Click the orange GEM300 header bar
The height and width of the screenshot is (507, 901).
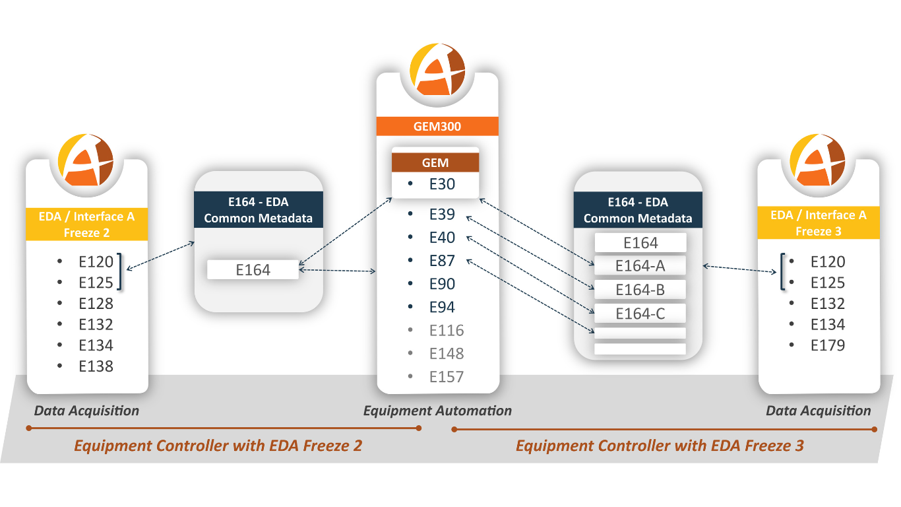pyautogui.click(x=437, y=126)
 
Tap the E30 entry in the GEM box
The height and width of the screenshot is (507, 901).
pyautogui.click(x=442, y=184)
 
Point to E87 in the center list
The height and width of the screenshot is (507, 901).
pyautogui.click(x=442, y=261)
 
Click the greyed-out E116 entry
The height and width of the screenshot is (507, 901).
pyautogui.click(x=446, y=330)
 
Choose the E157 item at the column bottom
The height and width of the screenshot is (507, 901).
pyautogui.click(x=446, y=377)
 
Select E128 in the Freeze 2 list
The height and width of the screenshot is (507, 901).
pyautogui.click(x=96, y=304)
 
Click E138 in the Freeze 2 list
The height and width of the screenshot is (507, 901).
pyautogui.click(x=96, y=366)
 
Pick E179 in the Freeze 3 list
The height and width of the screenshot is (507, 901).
pyautogui.click(x=827, y=345)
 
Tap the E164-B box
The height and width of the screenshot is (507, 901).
pyautogui.click(x=640, y=290)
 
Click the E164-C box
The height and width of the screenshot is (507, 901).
pyautogui.click(x=640, y=314)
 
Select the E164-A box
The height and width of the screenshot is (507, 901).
pyautogui.click(x=640, y=266)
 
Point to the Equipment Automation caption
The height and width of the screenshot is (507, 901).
pyautogui.click(x=437, y=411)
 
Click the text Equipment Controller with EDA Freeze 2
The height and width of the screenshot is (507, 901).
pyautogui.click(x=218, y=446)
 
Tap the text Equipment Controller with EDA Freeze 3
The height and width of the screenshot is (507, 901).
pyautogui.click(x=660, y=446)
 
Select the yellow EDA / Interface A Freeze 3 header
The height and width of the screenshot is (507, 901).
pyautogui.click(x=818, y=223)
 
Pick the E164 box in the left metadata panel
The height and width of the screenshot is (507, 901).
pyautogui.click(x=253, y=269)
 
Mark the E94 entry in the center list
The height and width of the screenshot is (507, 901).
pyautogui.click(x=442, y=307)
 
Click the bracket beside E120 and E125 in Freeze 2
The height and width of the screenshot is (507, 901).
pyautogui.click(x=120, y=271)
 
